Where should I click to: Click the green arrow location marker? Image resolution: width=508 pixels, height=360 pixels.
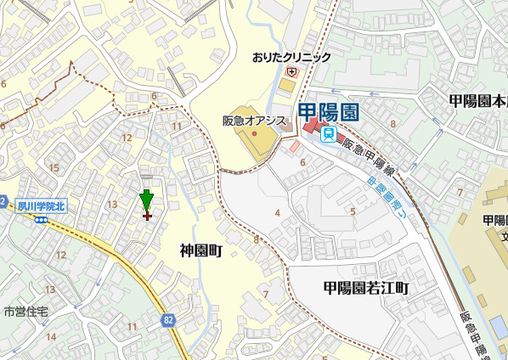147,200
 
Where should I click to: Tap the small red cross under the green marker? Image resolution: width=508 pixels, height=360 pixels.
147,217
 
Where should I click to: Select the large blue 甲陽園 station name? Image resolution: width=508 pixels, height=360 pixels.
330,112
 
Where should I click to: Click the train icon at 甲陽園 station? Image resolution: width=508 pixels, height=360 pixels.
328,132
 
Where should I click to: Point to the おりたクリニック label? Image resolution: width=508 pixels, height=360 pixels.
291,58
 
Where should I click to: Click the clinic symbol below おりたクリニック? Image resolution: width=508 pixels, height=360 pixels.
291,73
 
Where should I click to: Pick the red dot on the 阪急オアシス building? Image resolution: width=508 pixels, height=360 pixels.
254,134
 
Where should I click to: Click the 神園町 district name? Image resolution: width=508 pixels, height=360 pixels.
200,250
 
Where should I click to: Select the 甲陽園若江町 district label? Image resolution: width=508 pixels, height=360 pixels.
366,288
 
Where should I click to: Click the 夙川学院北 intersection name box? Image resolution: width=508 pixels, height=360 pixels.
41,206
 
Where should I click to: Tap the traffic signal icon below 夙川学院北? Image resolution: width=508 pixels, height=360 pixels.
40,219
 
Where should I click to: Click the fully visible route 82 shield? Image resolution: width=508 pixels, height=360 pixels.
168,319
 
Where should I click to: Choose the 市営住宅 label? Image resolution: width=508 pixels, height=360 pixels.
25,312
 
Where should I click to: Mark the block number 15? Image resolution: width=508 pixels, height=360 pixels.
54,167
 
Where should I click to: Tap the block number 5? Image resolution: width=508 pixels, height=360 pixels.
353,211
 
